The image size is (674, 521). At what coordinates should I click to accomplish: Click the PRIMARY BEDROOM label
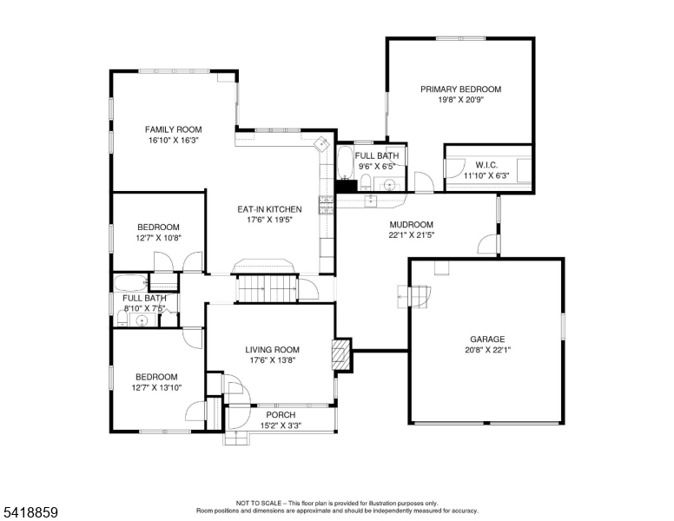[460, 89]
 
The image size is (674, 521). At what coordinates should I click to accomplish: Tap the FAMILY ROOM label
[173, 129]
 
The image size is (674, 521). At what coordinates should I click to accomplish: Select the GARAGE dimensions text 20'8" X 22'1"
[487, 350]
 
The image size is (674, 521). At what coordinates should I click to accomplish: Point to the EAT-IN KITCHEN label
[269, 209]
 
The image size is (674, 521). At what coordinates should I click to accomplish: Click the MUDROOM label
[412, 224]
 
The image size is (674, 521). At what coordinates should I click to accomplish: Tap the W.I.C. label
[486, 165]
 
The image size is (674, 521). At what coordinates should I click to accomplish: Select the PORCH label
[281, 415]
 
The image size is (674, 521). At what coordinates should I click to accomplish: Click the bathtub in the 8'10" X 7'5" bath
[131, 283]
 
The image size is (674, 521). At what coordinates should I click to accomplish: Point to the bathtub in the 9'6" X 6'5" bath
[344, 162]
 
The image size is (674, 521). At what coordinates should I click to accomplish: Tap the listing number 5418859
[30, 512]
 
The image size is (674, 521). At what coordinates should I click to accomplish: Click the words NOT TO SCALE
[258, 503]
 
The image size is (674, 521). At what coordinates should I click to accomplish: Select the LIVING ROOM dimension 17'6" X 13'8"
[273, 360]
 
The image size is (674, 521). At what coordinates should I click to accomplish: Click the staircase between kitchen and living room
[268, 288]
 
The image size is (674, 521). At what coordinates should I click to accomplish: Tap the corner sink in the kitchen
[322, 143]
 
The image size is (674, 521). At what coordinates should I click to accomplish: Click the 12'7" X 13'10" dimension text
[156, 387]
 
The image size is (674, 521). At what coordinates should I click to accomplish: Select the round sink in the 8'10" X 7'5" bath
[142, 320]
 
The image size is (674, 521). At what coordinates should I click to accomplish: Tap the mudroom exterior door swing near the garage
[487, 244]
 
